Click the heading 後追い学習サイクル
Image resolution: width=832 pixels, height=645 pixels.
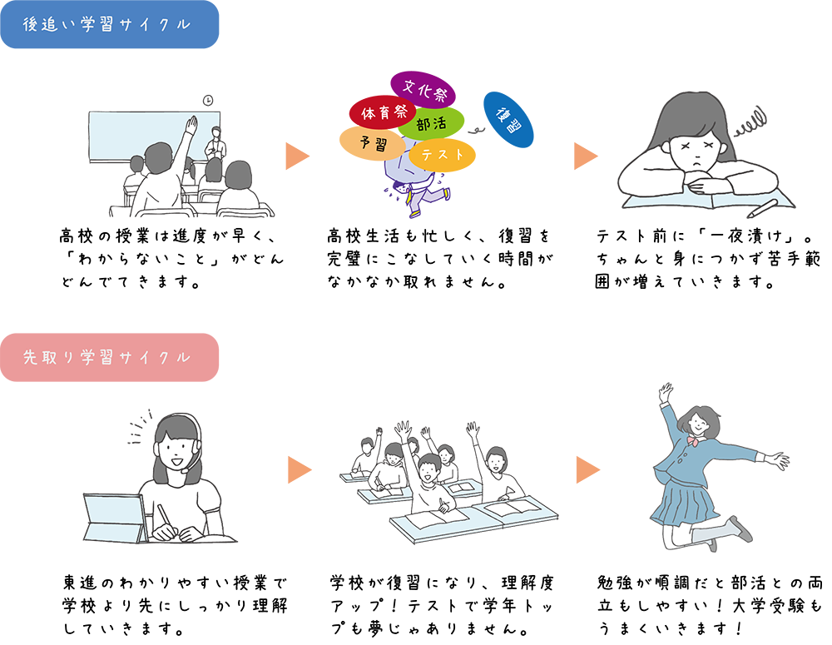(107, 25)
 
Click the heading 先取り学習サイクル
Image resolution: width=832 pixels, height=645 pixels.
(107, 357)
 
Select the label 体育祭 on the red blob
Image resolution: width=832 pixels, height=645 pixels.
(384, 112)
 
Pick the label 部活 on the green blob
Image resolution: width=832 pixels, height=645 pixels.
(431, 125)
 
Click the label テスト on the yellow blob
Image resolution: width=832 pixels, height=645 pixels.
(442, 154)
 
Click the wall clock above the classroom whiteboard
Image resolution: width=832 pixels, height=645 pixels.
(208, 101)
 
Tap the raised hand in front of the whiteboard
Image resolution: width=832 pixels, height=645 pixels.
(191, 125)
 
